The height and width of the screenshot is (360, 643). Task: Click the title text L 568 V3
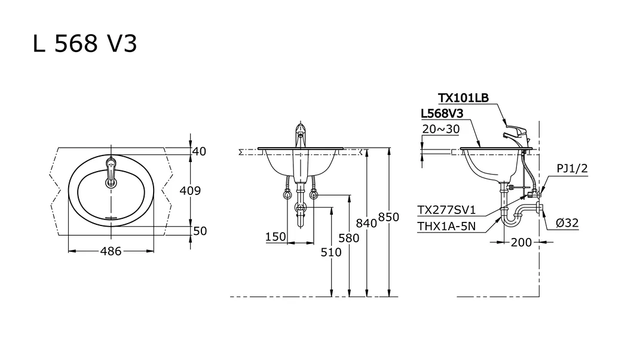85,44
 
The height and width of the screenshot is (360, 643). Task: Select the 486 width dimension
111,252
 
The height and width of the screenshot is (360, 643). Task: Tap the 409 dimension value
190,191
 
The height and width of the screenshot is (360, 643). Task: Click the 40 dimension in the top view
199,152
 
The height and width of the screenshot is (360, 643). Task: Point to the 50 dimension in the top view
200,231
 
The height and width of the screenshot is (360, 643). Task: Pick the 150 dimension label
275,237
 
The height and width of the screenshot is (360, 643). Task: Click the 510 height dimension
331,252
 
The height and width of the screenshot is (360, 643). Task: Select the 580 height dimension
348,238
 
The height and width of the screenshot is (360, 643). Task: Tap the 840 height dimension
366,223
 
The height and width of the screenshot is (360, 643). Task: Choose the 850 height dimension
388,218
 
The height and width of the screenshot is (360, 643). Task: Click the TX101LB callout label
463,98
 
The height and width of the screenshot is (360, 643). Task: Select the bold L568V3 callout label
443,113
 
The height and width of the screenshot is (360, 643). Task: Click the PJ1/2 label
572,169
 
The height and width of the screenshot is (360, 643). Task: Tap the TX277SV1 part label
446,210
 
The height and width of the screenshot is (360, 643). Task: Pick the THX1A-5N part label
446,225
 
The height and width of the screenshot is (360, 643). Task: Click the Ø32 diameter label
567,223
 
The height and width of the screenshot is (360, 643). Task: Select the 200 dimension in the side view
521,242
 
